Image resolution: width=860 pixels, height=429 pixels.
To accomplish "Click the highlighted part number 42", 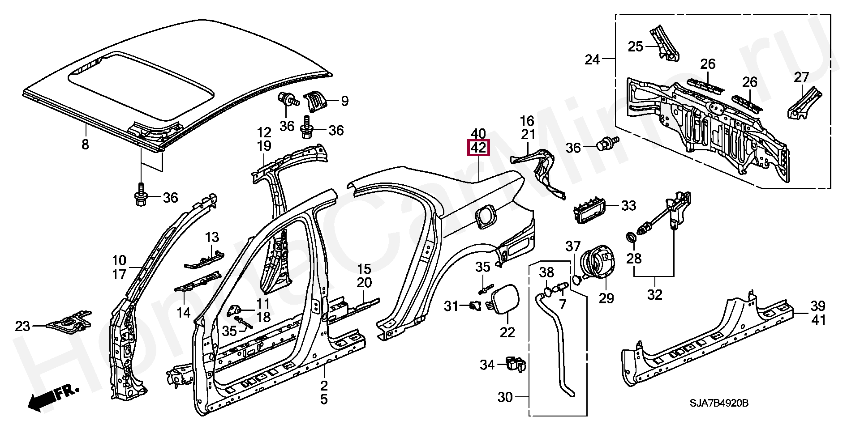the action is pyautogui.click(x=478, y=148).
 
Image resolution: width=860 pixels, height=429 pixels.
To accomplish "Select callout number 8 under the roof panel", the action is pyautogui.click(x=85, y=144).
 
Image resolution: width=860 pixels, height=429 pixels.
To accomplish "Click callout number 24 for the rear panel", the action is pyautogui.click(x=592, y=59).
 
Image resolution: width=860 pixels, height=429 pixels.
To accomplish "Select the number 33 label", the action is pyautogui.click(x=628, y=206).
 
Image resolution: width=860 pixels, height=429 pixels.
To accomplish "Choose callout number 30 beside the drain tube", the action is pyautogui.click(x=505, y=397).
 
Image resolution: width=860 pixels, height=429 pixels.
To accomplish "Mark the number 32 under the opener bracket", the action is pyautogui.click(x=654, y=295).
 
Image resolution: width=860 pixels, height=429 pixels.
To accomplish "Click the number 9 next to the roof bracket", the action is pyautogui.click(x=344, y=101).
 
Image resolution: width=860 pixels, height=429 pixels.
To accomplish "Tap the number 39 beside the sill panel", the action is pyautogui.click(x=817, y=306).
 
